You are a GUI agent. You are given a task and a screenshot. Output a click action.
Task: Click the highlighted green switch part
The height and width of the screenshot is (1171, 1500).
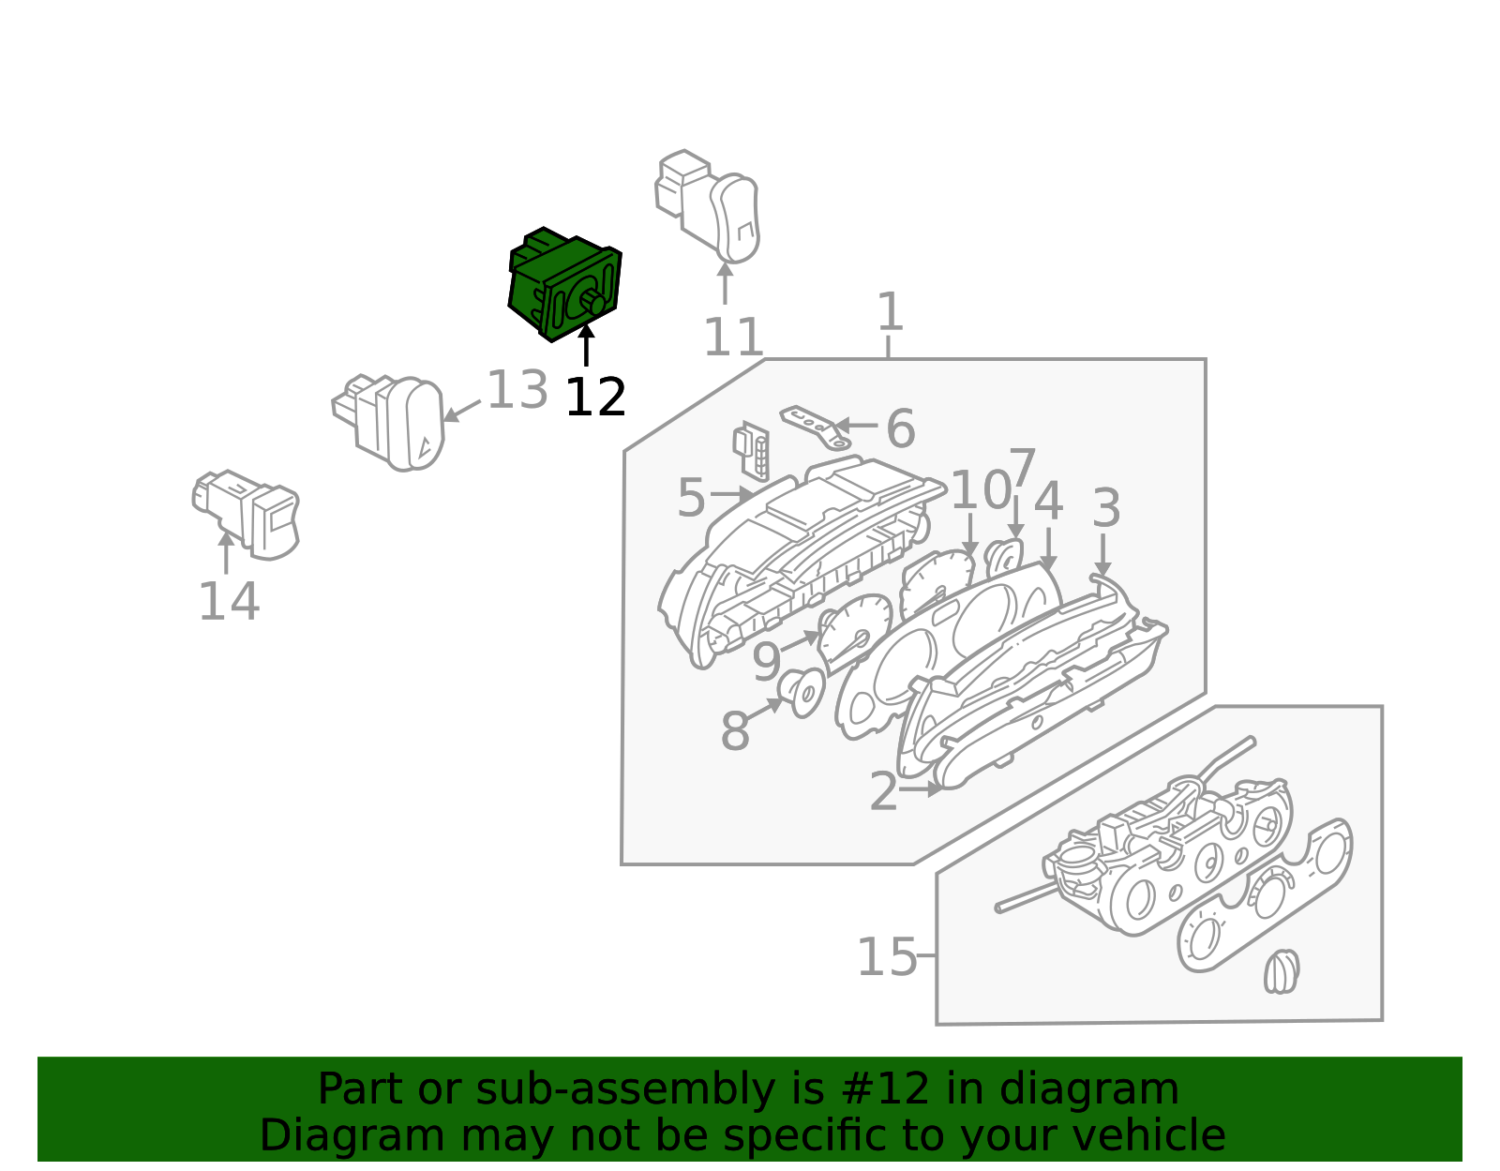(x=564, y=284)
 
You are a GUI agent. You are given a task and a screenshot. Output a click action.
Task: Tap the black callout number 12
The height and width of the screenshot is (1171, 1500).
(x=595, y=398)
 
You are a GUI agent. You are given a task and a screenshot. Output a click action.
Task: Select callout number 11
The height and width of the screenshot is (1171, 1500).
(x=733, y=338)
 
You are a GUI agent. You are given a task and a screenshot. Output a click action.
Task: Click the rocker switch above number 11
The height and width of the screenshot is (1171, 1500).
(x=708, y=205)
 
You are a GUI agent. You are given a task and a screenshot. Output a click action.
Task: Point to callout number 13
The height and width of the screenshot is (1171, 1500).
(x=517, y=391)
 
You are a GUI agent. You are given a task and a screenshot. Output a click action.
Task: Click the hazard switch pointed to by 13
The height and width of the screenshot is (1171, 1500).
(x=389, y=423)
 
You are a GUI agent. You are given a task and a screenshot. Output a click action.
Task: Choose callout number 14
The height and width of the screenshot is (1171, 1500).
(x=229, y=602)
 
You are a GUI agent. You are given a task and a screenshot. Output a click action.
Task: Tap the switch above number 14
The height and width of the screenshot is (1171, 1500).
(x=247, y=515)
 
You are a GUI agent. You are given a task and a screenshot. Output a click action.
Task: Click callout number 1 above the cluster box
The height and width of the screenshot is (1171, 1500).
(x=890, y=311)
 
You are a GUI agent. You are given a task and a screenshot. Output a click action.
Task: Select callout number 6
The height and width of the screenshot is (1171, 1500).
(x=901, y=428)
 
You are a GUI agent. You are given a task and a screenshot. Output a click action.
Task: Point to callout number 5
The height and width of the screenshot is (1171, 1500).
(x=691, y=498)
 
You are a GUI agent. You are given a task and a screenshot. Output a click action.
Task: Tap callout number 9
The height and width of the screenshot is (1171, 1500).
(x=766, y=662)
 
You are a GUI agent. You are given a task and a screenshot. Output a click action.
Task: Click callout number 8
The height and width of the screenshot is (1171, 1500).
(x=735, y=731)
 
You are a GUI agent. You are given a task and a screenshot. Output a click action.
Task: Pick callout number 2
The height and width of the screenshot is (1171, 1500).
(x=883, y=791)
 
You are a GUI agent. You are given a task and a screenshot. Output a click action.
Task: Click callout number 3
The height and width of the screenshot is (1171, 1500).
(x=1106, y=508)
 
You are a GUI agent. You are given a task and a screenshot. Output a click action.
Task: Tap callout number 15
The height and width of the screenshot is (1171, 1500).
(x=888, y=958)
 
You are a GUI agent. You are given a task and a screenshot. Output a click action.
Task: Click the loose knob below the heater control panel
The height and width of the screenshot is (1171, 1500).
(x=1282, y=971)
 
